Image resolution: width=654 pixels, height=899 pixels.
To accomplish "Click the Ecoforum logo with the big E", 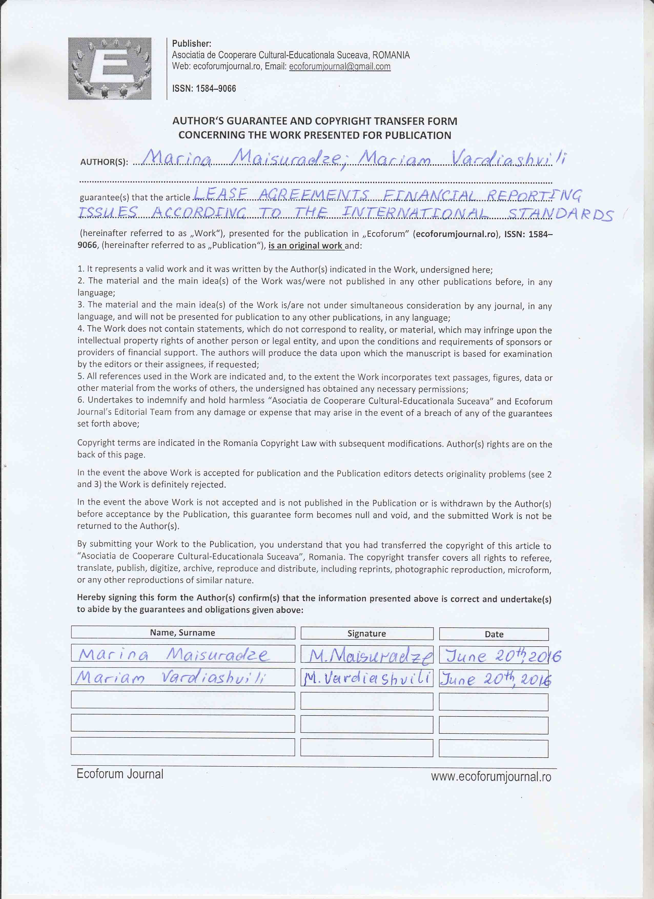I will point(109,68).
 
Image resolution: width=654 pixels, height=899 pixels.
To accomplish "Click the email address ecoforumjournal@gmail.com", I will point(340,67).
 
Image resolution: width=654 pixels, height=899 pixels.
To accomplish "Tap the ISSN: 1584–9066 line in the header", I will point(204,88).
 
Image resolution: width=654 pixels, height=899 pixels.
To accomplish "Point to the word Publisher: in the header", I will point(191,44).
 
